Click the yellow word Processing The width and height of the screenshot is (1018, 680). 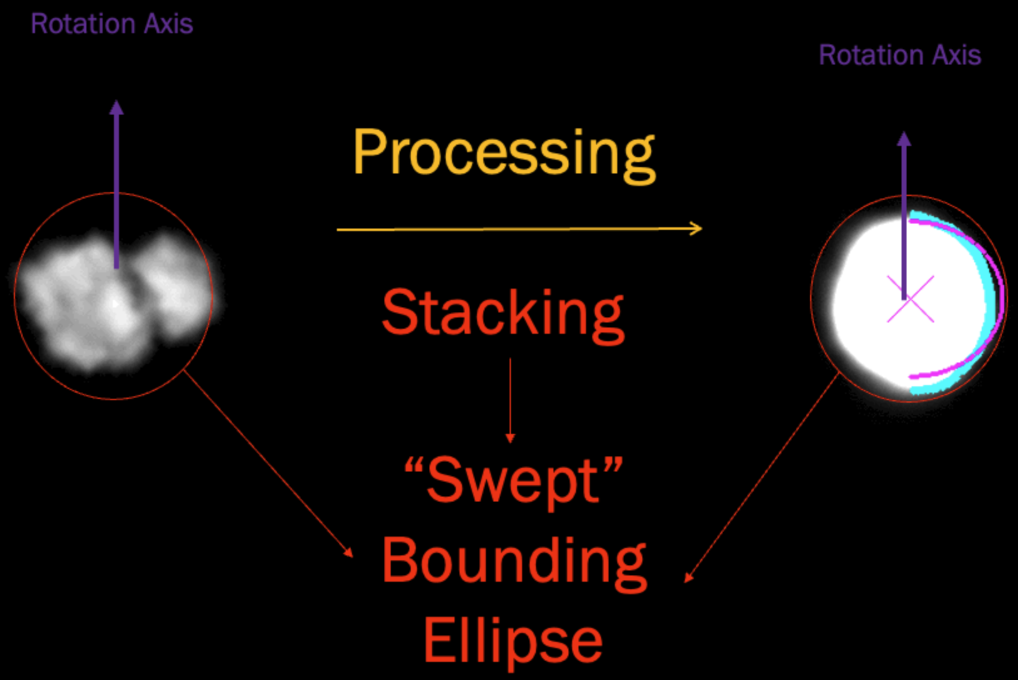pyautogui.click(x=504, y=153)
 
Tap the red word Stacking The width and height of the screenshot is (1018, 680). pyautogui.click(x=503, y=313)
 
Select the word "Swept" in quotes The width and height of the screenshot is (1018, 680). pyautogui.click(x=513, y=481)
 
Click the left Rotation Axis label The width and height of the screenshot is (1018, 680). pyautogui.click(x=111, y=24)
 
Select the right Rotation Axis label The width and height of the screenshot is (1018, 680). pyautogui.click(x=900, y=56)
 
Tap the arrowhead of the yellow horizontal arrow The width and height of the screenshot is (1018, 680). pyautogui.click(x=696, y=229)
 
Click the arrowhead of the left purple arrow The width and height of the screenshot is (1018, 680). pyautogui.click(x=116, y=108)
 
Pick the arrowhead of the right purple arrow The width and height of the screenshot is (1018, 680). pyautogui.click(x=904, y=139)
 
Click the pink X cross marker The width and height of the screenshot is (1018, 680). pyautogui.click(x=910, y=299)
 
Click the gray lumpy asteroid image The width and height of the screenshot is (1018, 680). pyautogui.click(x=113, y=297)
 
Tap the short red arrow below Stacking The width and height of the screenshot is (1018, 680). pyautogui.click(x=510, y=401)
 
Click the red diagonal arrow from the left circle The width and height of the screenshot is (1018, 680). pyautogui.click(x=269, y=463)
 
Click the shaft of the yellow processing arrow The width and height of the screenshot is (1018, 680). pyautogui.click(x=501, y=229)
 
